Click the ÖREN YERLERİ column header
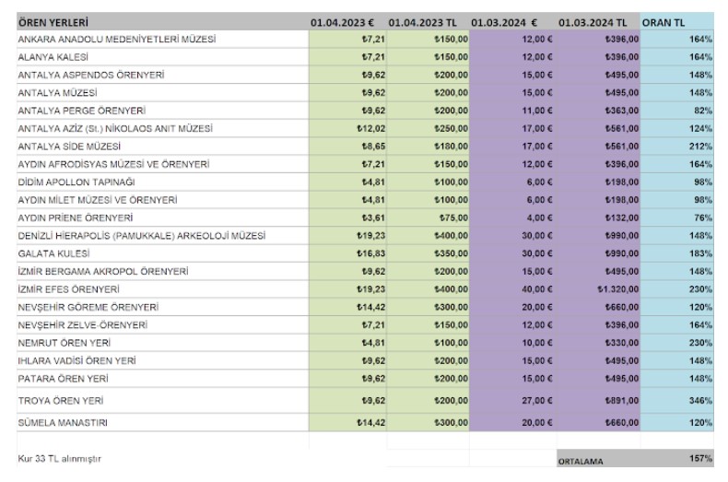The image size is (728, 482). point(53,22)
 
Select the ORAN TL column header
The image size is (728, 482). point(663,22)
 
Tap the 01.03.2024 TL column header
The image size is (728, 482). point(593,22)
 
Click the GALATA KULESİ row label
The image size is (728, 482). point(53,253)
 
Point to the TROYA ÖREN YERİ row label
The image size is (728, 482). point(61,401)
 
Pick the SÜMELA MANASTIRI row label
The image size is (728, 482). point(63,423)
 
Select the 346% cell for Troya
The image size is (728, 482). point(700,401)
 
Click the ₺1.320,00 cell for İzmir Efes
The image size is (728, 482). point(618,289)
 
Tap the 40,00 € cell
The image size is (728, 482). point(537,289)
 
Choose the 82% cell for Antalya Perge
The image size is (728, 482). point(703,111)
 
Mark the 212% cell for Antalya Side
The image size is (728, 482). point(700,147)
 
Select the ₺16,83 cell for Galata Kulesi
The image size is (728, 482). point(371,253)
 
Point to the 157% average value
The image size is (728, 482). point(700,458)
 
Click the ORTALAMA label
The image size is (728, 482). point(581,462)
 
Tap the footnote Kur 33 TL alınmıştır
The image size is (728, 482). point(59,459)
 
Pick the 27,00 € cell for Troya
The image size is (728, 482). point(537,401)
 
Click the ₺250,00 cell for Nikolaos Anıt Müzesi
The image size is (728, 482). point(452,129)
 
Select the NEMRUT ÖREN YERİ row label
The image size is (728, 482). point(65,343)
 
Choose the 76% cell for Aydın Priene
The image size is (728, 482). point(703,217)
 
